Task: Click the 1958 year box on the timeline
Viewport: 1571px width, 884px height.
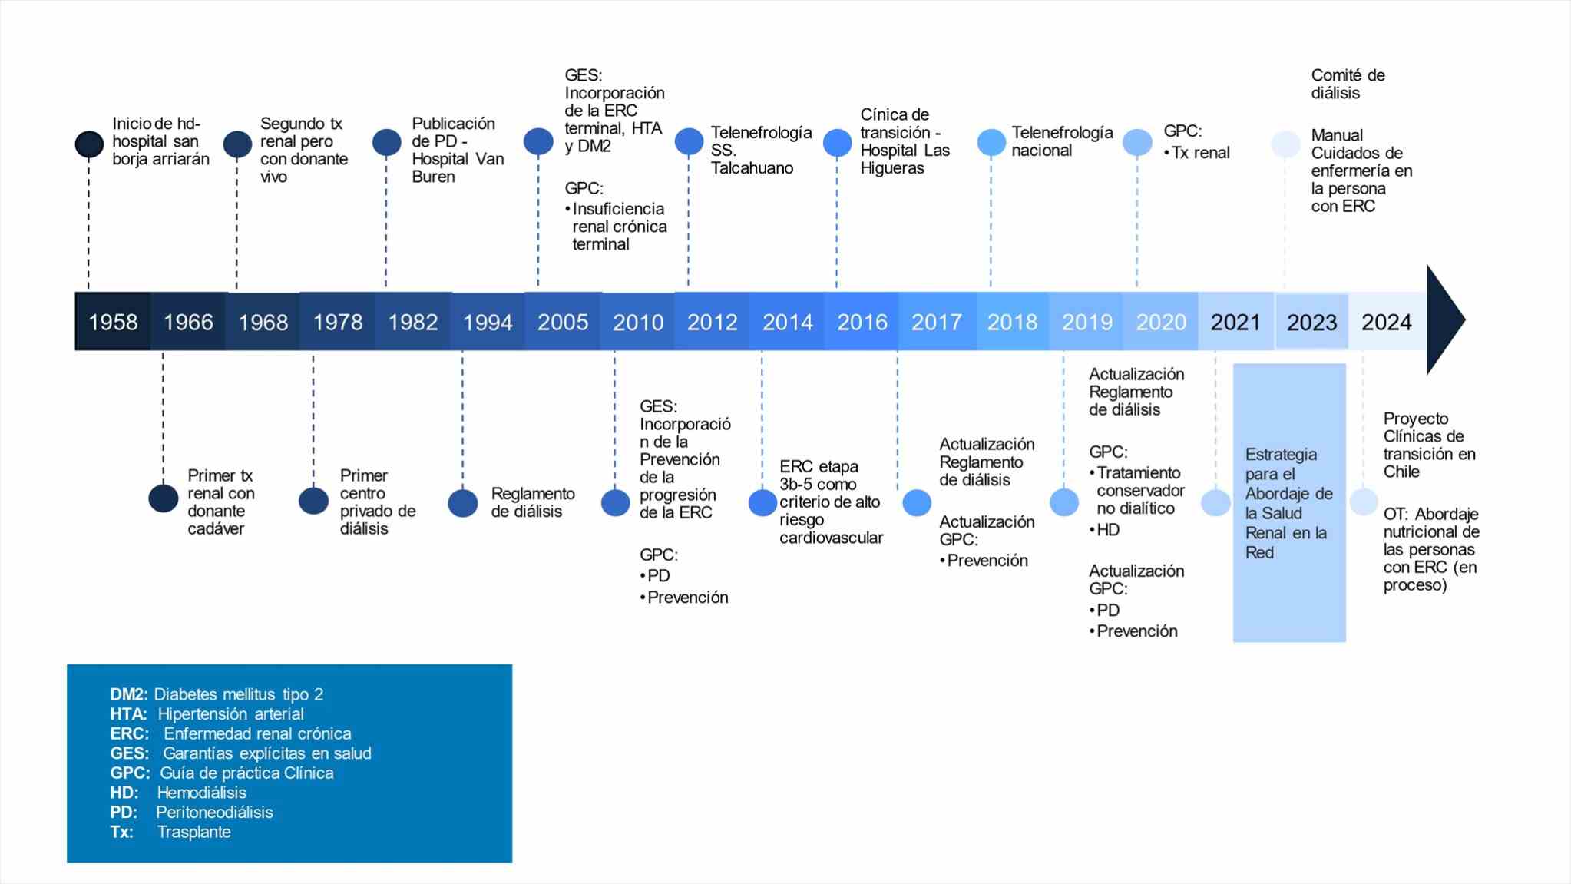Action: click(x=113, y=321)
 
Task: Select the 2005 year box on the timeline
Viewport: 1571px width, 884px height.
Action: click(x=563, y=321)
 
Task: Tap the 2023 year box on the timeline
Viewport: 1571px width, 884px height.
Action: click(x=1312, y=321)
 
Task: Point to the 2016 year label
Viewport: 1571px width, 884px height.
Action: click(x=862, y=322)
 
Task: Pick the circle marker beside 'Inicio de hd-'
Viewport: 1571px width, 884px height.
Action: click(x=89, y=144)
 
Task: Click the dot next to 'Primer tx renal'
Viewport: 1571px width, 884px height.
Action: click(x=164, y=498)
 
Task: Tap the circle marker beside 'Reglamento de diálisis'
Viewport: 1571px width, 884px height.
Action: click(x=463, y=503)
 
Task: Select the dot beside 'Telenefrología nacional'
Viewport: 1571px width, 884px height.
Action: click(x=991, y=143)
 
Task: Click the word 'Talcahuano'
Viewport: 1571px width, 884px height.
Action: click(x=752, y=168)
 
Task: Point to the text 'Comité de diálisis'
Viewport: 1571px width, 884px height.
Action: click(x=1348, y=84)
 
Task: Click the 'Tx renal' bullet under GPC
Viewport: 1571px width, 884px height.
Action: click(x=1197, y=153)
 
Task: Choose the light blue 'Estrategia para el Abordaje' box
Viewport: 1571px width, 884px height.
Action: click(x=1289, y=502)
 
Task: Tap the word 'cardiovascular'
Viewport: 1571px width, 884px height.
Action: click(x=831, y=538)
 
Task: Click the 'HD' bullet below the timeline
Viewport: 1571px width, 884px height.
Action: click(x=1104, y=530)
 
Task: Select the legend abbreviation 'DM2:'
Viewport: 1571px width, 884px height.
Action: click(x=128, y=694)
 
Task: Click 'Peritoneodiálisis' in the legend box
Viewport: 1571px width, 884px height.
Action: click(x=214, y=812)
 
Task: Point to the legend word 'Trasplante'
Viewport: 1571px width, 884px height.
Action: click(x=193, y=832)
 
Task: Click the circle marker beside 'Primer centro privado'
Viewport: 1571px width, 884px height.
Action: click(x=313, y=501)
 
